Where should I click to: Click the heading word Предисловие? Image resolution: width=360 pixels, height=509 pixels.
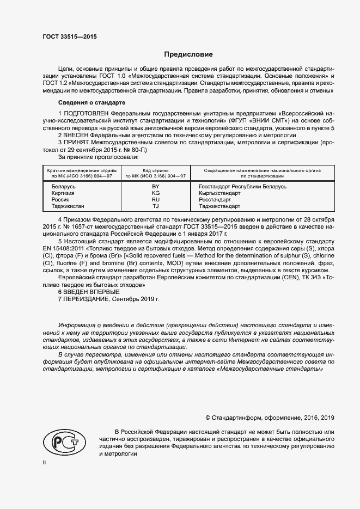pos(188,54)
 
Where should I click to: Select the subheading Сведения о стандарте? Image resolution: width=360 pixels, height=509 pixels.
pos(91,102)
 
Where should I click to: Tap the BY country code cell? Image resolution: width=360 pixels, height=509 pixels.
pos(156,187)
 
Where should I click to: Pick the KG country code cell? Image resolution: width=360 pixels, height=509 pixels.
pos(156,193)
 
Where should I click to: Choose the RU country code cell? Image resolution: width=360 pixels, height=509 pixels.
pos(156,200)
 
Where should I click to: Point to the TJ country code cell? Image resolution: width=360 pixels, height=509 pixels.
pos(156,206)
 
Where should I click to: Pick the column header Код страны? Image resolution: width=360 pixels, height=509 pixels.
pos(155,171)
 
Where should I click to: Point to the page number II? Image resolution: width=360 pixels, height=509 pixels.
pos(45,463)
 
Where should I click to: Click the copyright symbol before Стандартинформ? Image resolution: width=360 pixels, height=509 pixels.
pos(208,418)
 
